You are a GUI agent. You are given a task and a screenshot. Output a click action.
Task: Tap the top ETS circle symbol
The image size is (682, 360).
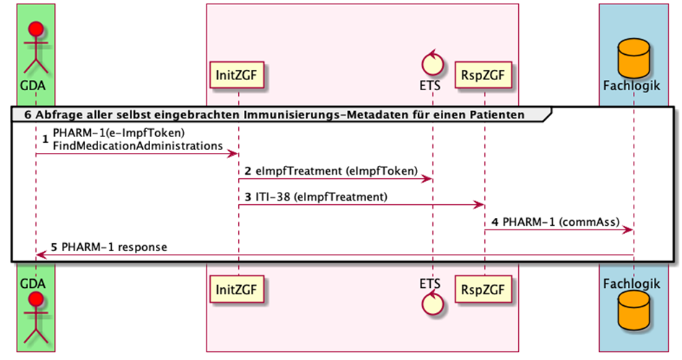tap(433, 62)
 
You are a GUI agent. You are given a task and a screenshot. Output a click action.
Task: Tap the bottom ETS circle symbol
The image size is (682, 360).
tap(433, 306)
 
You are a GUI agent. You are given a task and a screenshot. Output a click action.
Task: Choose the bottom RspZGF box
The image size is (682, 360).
tap(484, 289)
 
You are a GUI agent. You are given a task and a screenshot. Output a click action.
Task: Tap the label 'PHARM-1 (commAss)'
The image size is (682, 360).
tap(556, 221)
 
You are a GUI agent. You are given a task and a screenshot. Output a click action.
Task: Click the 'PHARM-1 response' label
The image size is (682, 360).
tap(114, 247)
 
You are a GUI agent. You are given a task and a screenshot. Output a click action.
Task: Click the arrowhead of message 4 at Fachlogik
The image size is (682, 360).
tap(629, 230)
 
